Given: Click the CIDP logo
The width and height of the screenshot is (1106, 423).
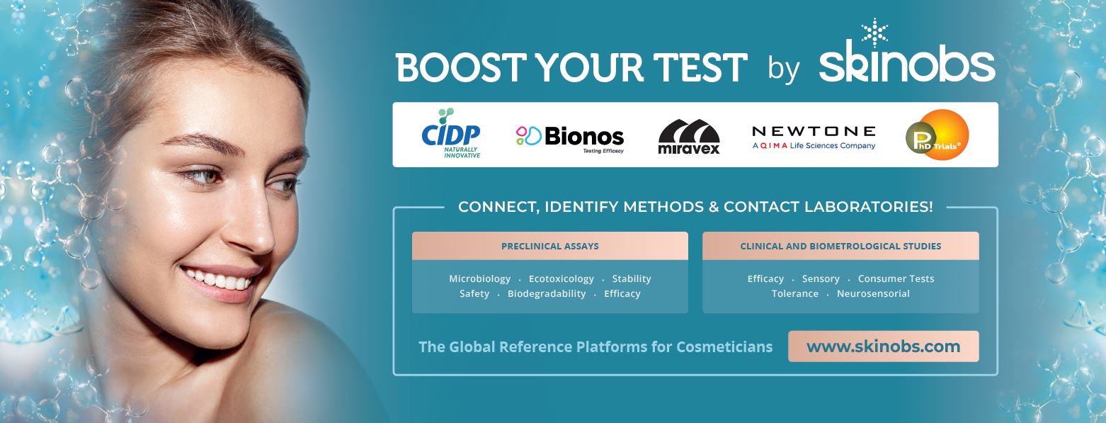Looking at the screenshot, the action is (451, 133).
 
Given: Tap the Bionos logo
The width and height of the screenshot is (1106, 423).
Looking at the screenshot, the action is (570, 138).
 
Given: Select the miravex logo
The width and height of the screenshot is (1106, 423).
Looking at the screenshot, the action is (689, 136).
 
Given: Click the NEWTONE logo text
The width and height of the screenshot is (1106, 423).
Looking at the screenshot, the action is (814, 131).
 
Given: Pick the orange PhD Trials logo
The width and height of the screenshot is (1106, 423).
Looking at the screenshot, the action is (937, 135).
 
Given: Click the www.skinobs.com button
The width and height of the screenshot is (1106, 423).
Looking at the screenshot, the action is (884, 346).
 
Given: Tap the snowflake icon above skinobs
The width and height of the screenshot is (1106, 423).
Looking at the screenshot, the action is (874, 33).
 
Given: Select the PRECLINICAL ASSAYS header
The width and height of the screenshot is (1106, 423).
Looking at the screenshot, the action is (550, 246).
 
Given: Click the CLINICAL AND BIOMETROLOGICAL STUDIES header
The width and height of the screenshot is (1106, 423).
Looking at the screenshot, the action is (840, 246).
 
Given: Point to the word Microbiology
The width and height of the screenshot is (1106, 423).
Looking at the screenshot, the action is (479, 278).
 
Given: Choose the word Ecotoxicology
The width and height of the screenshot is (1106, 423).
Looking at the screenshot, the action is (561, 278).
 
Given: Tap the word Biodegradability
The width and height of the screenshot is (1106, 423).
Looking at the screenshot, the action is (547, 293).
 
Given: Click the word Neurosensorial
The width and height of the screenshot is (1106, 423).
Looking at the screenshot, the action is (873, 293).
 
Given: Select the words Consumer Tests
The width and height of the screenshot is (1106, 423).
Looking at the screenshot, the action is (896, 278).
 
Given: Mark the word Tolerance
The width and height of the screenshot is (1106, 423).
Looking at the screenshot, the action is (795, 293).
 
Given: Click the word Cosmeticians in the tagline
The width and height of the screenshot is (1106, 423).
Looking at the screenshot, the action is (724, 347).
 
